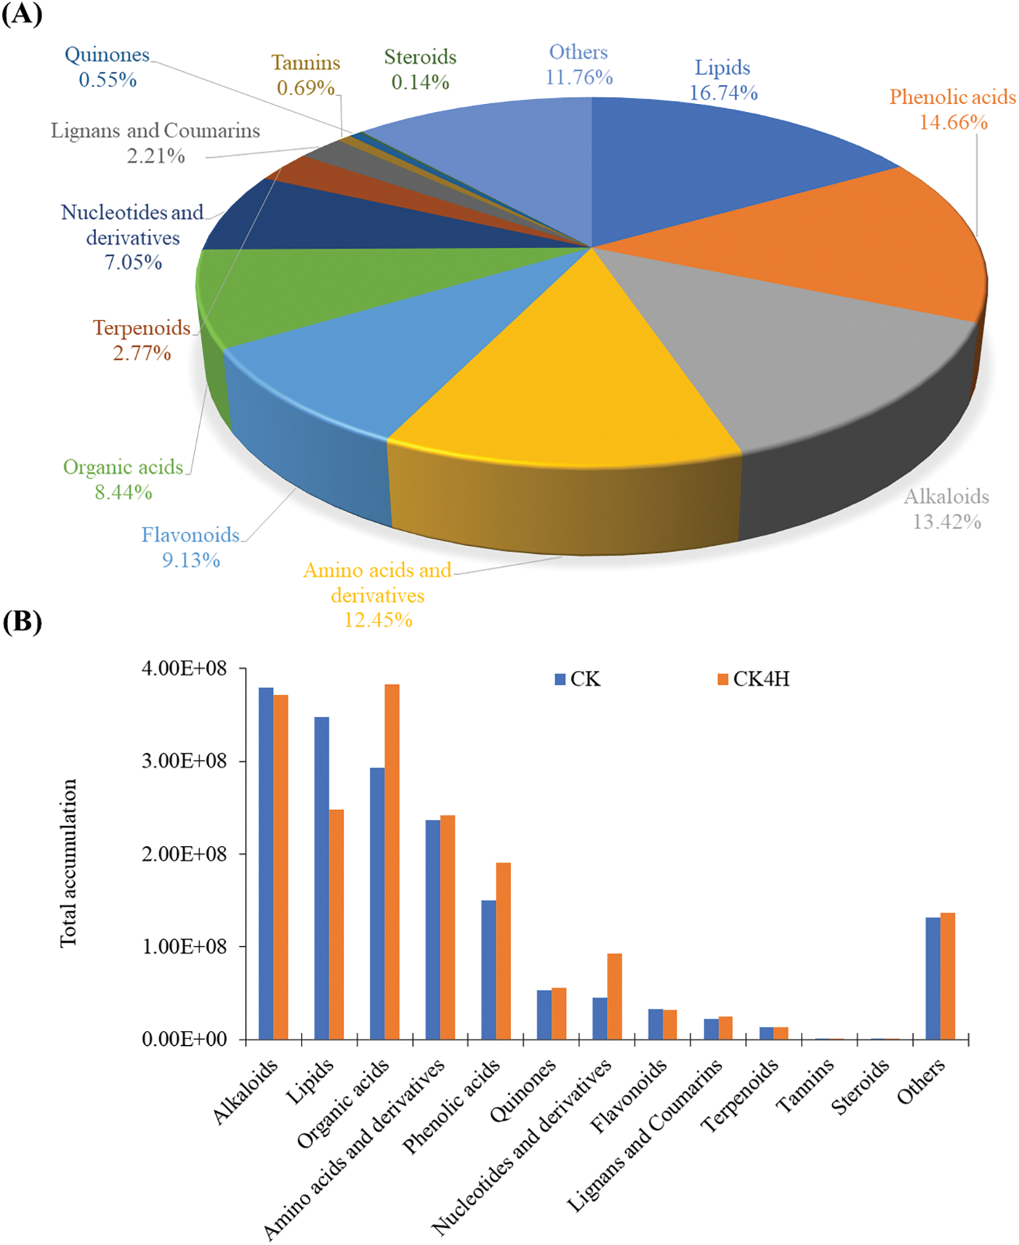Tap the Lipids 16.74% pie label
[723, 80]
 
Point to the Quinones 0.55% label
[107, 67]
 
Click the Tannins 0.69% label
[306, 75]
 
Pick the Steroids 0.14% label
[420, 69]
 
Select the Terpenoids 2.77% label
[141, 340]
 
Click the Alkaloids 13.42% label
[946, 509]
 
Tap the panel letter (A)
[22, 14]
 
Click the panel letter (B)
[22, 621]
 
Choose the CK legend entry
[578, 679]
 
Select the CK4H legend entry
[753, 679]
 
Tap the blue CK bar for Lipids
[321, 877]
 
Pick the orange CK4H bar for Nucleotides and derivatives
[614, 996]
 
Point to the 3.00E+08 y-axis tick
[184, 761]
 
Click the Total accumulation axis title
[69, 863]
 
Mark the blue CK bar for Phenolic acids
[488, 969]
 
